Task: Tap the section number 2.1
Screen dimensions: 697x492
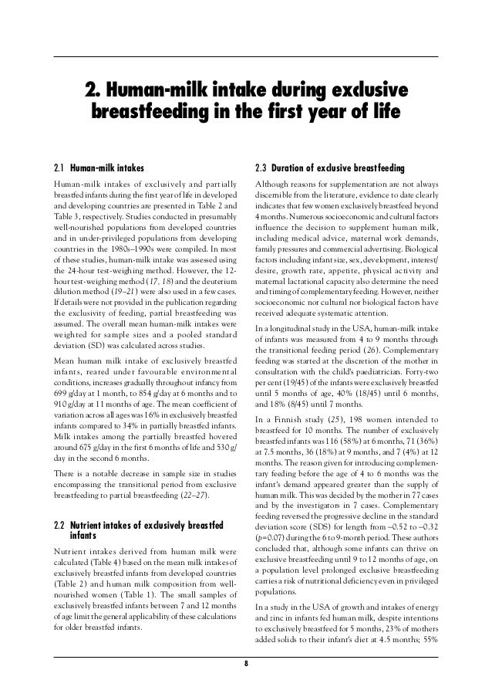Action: click(x=59, y=167)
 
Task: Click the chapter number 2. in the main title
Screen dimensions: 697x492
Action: click(x=92, y=88)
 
